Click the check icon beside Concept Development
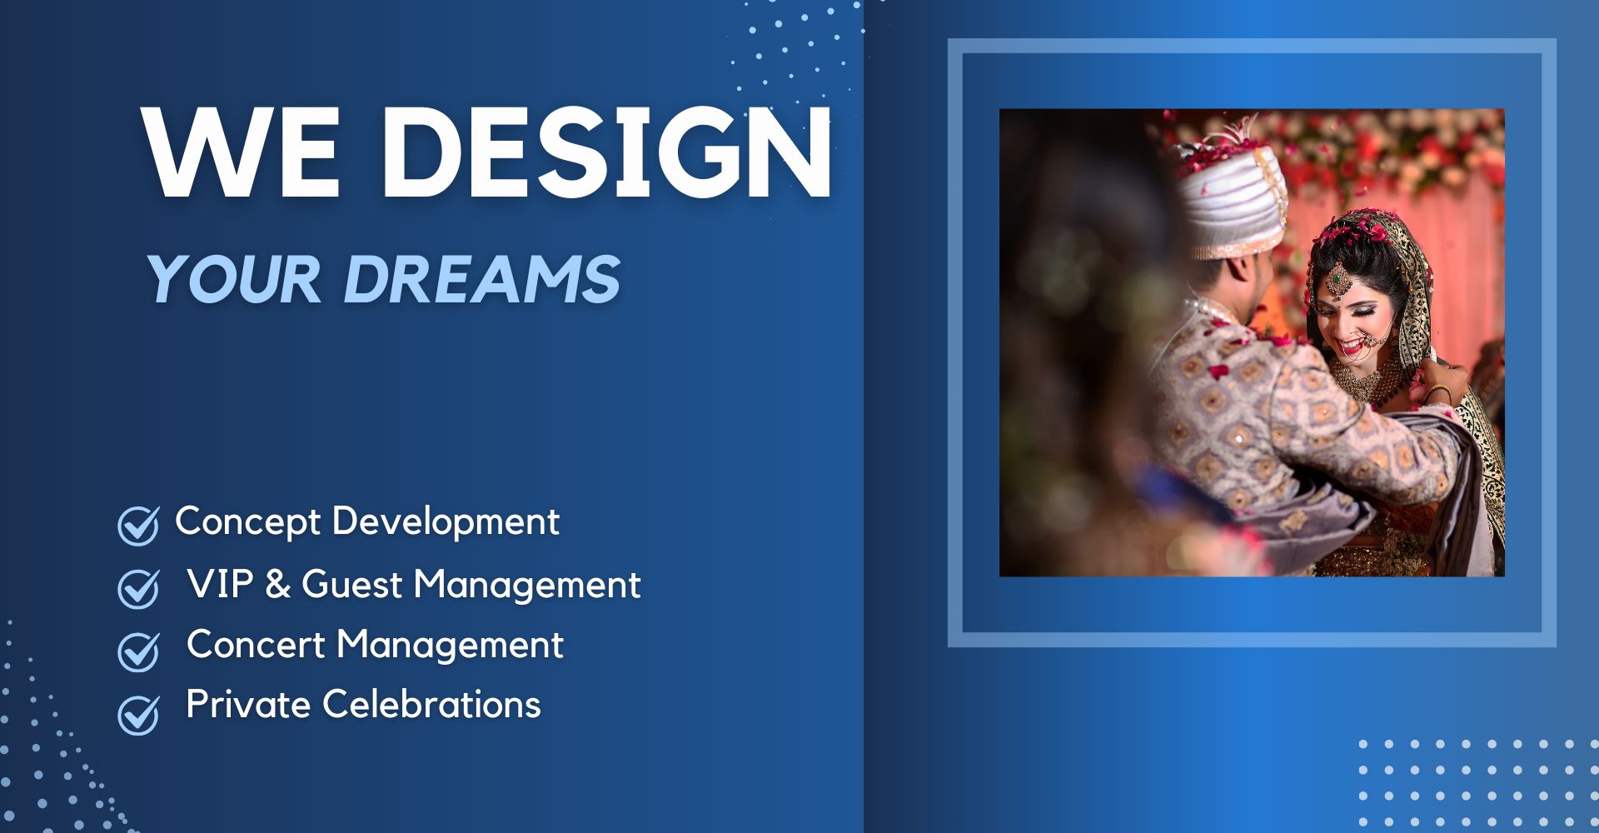coord(138,525)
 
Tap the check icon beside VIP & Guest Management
coord(138,588)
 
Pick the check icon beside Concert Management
coord(138,651)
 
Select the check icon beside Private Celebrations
coord(138,713)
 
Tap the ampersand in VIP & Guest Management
coord(277,584)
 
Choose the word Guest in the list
coord(352,584)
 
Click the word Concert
coord(256,645)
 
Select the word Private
coord(248,705)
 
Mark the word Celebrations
coord(431,705)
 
